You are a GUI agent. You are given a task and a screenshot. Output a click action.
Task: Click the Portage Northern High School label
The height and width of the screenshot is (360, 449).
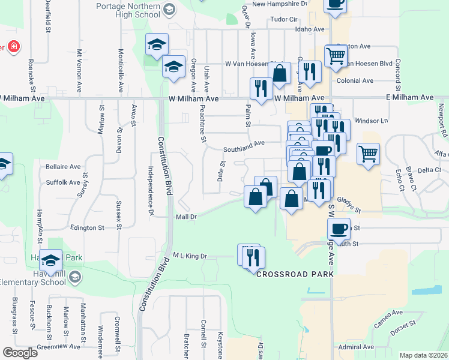(x=131, y=10)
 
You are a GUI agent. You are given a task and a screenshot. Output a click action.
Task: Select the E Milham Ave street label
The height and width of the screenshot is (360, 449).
(x=409, y=97)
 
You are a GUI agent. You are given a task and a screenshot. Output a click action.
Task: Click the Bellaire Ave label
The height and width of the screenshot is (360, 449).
(x=63, y=166)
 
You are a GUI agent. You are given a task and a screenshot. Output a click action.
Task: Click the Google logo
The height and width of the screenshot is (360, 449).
(x=20, y=353)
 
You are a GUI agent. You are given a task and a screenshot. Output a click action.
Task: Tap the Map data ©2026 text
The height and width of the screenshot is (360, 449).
(x=423, y=355)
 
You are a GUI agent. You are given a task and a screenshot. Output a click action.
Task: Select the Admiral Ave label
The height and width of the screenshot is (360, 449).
(x=356, y=347)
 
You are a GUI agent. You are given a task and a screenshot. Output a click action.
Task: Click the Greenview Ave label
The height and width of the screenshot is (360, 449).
(x=58, y=346)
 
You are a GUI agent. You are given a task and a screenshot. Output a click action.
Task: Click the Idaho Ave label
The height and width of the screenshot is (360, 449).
(x=310, y=29)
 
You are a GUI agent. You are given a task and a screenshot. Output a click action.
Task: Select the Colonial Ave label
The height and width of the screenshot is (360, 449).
(x=355, y=80)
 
